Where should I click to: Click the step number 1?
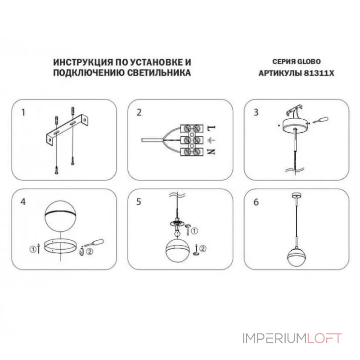[x=23, y=112]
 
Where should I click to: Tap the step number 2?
[x=139, y=112]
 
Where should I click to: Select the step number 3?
[x=256, y=112]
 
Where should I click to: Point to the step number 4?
[x=23, y=202]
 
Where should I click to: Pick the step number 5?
[x=139, y=202]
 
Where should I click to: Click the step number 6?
[x=256, y=202]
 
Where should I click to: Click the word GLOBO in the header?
[x=309, y=62]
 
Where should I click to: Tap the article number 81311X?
[x=319, y=73]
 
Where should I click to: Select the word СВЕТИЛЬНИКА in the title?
[x=159, y=72]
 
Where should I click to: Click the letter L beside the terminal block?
[x=211, y=127]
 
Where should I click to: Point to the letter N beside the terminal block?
[x=211, y=152]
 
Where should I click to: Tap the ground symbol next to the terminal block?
[x=211, y=140]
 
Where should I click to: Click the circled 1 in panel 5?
[x=194, y=231]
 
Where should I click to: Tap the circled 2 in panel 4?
[x=90, y=252]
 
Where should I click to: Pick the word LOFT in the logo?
[x=324, y=338]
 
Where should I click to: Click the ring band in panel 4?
[x=60, y=250]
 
